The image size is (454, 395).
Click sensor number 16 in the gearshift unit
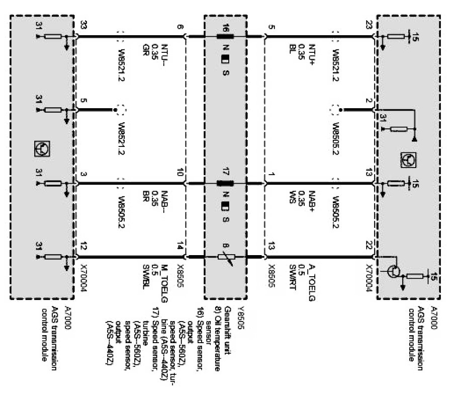[x=226, y=28]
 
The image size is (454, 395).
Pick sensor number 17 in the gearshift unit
[x=226, y=176]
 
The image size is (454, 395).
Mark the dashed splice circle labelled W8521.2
[x=120, y=109]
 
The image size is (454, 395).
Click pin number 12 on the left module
[x=83, y=247]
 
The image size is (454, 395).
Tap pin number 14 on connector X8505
[x=179, y=247]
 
